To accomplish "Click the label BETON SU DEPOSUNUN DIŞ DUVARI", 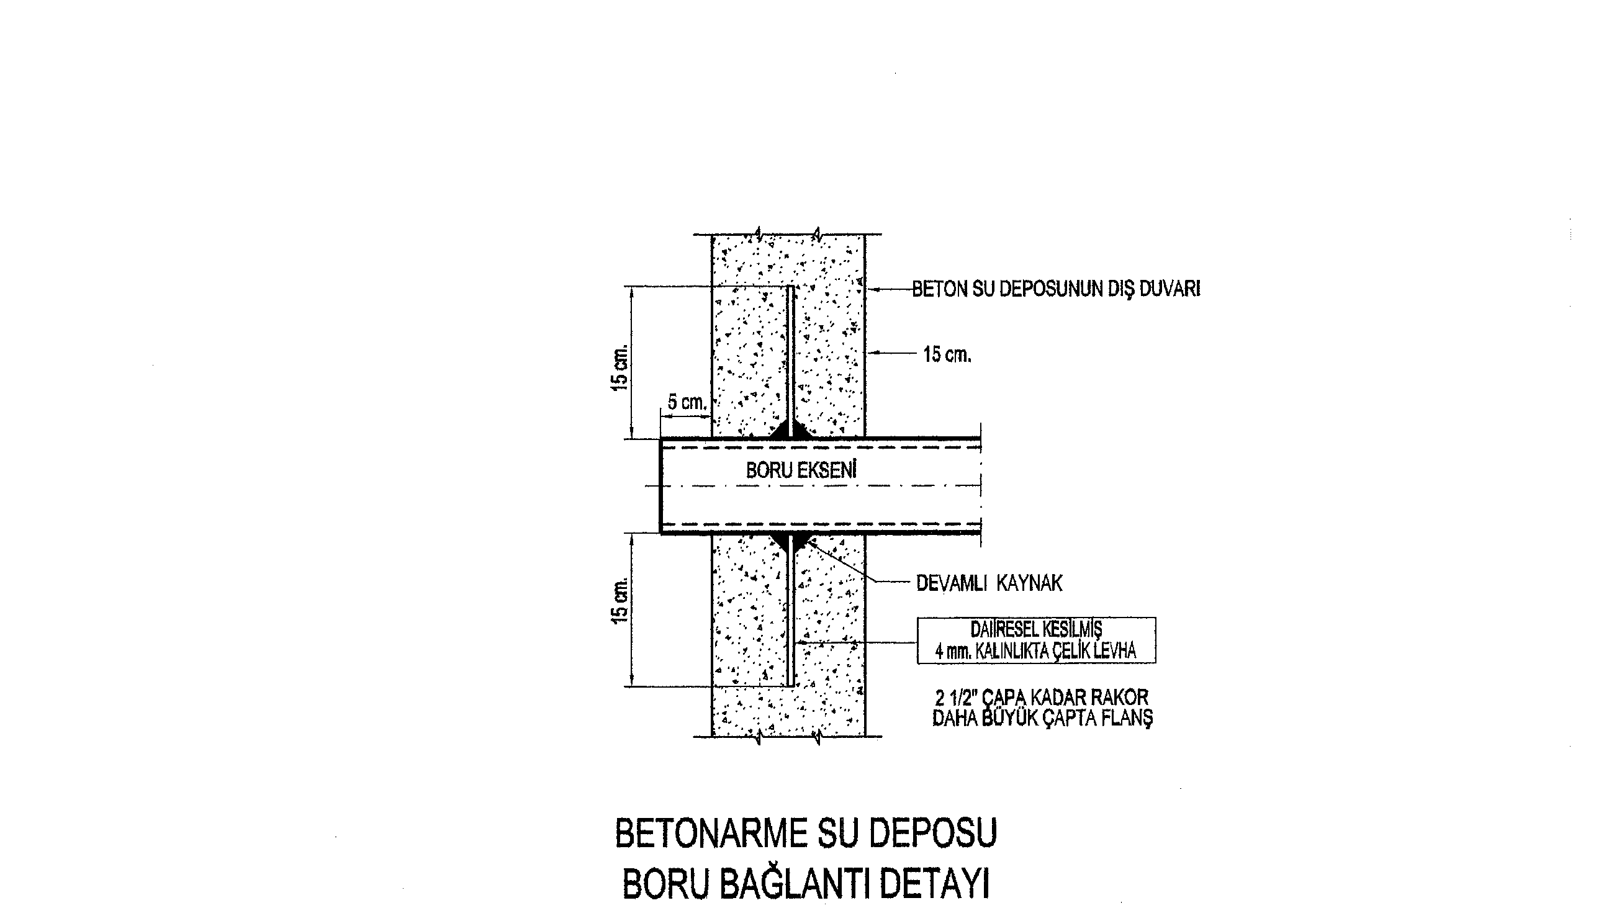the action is (1056, 289).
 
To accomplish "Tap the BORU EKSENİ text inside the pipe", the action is (801, 470).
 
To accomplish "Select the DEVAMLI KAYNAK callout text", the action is (989, 583).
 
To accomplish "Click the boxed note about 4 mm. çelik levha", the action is (1037, 640).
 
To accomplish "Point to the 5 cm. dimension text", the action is (687, 402).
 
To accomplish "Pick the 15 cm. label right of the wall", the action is (947, 355).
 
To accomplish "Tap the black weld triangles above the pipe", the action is (790, 430).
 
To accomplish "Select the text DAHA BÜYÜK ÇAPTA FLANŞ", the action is (1043, 718).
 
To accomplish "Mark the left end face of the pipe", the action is (660, 486).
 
